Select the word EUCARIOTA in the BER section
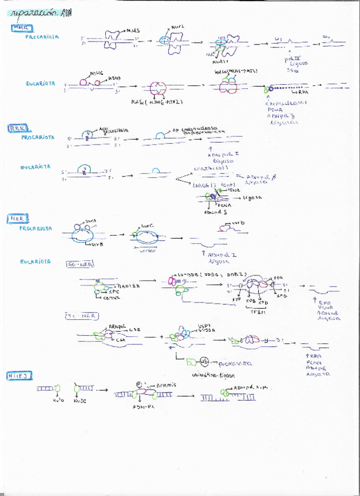[x=35, y=167]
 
